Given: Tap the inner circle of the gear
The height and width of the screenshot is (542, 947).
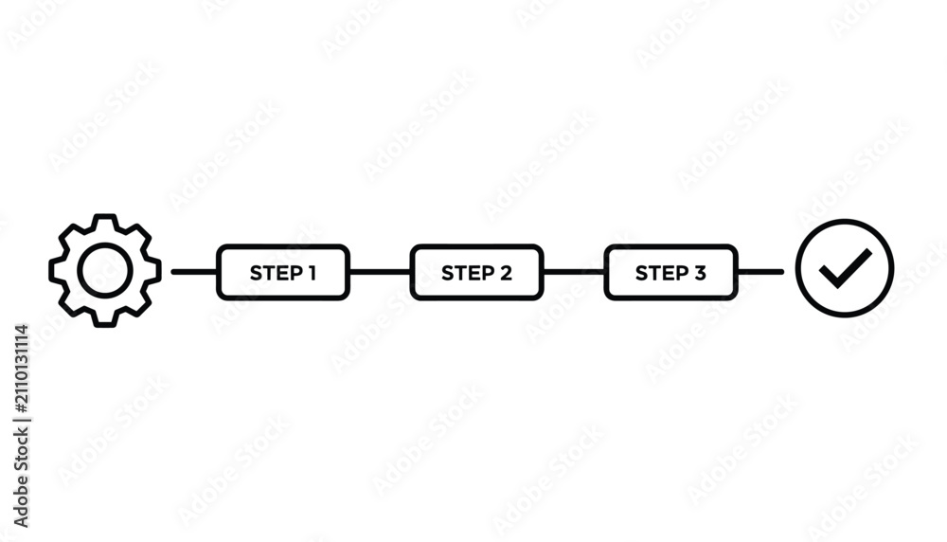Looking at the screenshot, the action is [x=80, y=270].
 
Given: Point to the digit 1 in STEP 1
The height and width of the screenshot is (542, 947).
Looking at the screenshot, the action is [x=312, y=273].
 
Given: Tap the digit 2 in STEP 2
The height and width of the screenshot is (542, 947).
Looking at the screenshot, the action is [x=506, y=273].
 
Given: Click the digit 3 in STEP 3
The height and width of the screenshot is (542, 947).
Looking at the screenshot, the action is [x=700, y=273].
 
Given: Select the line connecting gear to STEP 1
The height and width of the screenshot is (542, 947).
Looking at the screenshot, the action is [x=194, y=272].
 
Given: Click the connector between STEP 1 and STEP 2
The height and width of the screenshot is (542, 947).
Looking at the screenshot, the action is [x=380, y=272].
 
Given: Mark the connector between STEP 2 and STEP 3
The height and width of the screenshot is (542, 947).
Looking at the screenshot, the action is [x=574, y=272].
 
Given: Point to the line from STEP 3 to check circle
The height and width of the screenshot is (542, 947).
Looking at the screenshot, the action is [x=761, y=272].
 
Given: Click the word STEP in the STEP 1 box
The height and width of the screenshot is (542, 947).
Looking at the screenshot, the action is [x=276, y=273].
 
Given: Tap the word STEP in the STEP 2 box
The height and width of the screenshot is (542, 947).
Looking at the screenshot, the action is [x=468, y=273].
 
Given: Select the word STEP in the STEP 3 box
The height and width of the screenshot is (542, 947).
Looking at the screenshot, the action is [x=661, y=273].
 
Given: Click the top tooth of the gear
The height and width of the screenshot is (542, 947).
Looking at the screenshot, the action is [x=105, y=216].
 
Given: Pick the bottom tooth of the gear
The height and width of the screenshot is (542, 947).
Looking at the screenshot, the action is [x=105, y=325].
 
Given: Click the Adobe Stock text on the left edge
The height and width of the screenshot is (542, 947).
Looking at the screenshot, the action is [x=21, y=479].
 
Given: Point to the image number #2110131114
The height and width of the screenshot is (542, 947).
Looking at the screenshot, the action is [x=21, y=369].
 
